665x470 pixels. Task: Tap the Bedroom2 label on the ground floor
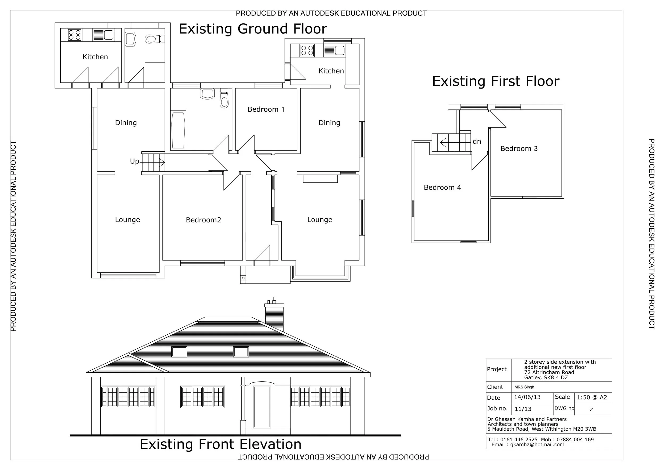coord(203,220)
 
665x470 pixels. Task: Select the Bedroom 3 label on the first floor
coord(519,149)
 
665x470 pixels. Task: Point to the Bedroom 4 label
coord(442,187)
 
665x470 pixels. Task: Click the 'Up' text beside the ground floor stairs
coord(134,161)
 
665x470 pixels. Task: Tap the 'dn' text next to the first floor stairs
coord(477,141)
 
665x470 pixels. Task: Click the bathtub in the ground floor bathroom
coord(178,130)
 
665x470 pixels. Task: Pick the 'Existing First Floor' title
coord(496,81)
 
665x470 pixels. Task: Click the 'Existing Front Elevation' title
coord(221,444)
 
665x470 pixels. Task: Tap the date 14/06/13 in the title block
coord(527,397)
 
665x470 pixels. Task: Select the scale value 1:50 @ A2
coord(592,397)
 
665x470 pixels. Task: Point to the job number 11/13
coord(523,409)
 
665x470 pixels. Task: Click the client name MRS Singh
coord(524,387)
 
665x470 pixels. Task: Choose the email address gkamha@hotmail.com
coord(537,444)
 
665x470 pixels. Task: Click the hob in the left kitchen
coord(74,35)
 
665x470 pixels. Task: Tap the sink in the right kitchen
coord(340,50)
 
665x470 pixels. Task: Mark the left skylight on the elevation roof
coord(179,352)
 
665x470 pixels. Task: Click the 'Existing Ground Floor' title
coord(253,29)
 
